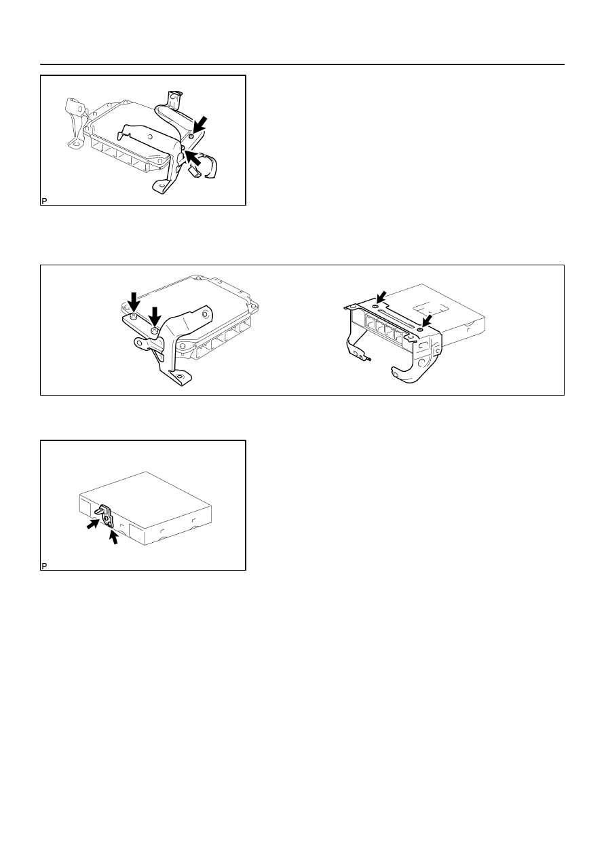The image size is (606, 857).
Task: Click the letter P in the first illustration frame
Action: click(44, 201)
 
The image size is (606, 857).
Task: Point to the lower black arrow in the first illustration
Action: click(193, 158)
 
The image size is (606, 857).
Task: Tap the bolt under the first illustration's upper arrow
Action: click(191, 136)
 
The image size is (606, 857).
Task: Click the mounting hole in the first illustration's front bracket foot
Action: click(161, 187)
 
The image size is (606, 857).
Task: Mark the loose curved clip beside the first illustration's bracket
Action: click(209, 166)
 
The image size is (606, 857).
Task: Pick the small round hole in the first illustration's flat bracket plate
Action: click(150, 137)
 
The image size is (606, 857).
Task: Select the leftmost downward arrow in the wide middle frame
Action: click(134, 302)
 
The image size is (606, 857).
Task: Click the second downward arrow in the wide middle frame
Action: click(155, 316)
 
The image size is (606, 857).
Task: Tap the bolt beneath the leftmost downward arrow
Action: click(133, 316)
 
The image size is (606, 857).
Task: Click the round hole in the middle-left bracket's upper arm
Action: click(206, 314)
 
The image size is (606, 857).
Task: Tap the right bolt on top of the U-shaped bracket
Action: click(420, 329)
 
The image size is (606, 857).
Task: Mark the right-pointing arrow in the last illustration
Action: click(92, 524)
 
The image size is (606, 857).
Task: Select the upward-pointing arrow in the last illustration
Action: click(114, 537)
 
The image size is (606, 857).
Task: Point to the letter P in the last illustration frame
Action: click(44, 566)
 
